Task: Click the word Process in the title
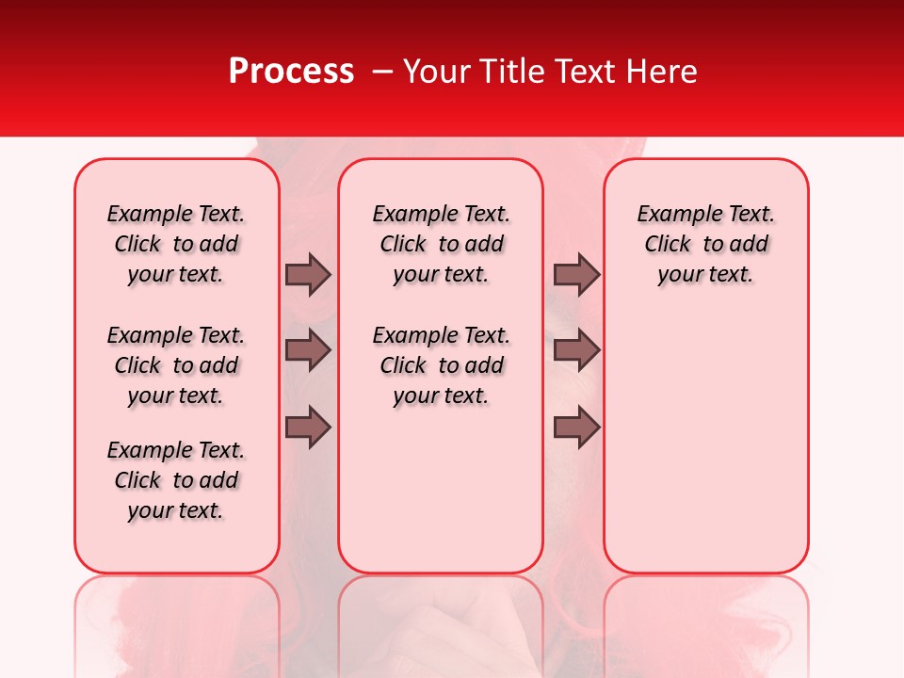pyautogui.click(x=291, y=72)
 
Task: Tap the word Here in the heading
pyautogui.click(x=662, y=72)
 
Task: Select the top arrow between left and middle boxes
pyautogui.click(x=308, y=274)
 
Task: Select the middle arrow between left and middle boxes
pyautogui.click(x=308, y=350)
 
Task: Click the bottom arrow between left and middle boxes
pyautogui.click(x=308, y=428)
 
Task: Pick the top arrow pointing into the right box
pyautogui.click(x=576, y=274)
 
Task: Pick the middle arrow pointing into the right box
pyautogui.click(x=576, y=350)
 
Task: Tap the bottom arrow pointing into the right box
pyautogui.click(x=576, y=428)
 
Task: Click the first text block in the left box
pyautogui.click(x=176, y=244)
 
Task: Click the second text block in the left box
pyautogui.click(x=176, y=365)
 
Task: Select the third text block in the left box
pyautogui.click(x=176, y=480)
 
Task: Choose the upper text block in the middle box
pyautogui.click(x=441, y=244)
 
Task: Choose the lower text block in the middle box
pyautogui.click(x=441, y=365)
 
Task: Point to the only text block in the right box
pyautogui.click(x=705, y=244)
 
